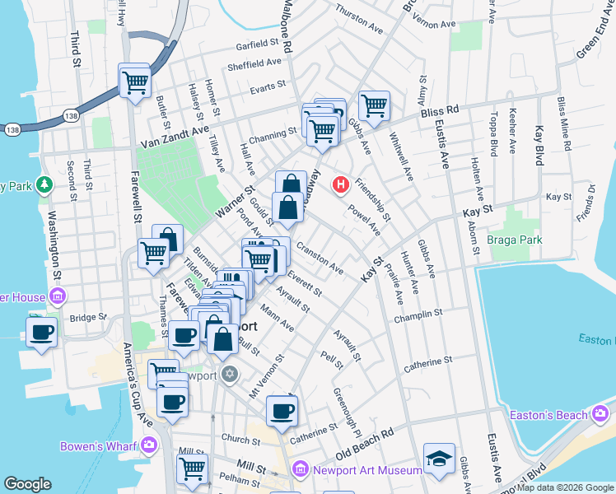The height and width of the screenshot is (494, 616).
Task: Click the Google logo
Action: (x=28, y=484)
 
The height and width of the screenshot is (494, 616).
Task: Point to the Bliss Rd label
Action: (x=440, y=111)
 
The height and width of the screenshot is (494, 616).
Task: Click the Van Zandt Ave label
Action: (x=174, y=138)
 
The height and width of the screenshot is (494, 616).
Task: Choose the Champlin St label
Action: (x=418, y=315)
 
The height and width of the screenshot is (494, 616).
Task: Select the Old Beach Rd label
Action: (x=365, y=444)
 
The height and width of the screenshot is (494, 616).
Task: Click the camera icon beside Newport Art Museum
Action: (x=301, y=470)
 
